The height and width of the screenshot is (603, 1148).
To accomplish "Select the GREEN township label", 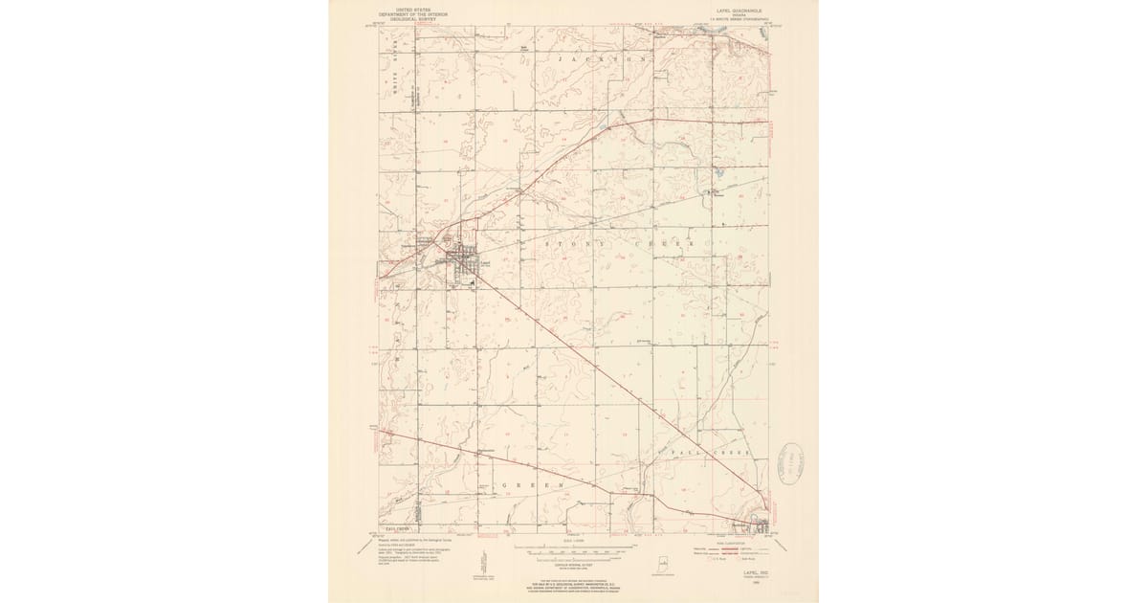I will coord(531,486).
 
